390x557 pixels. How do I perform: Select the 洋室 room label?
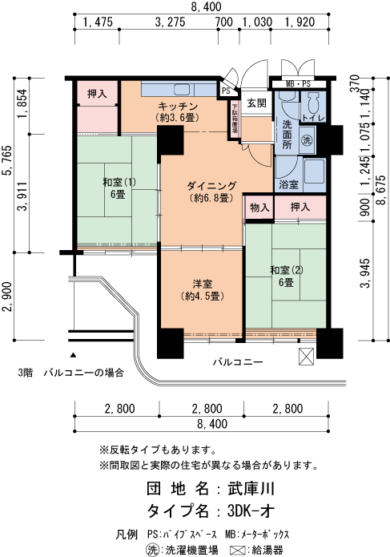point(201,284)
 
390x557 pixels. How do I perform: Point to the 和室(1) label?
point(113,182)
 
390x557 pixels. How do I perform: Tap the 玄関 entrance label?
point(255,103)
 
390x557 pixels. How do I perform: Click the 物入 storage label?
point(259,208)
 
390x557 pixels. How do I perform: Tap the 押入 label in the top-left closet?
point(98,95)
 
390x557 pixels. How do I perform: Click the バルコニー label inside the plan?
point(237,362)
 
